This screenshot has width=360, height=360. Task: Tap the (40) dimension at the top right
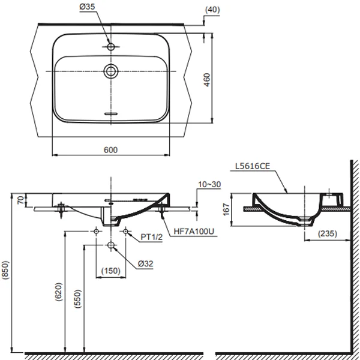[x=212, y=10]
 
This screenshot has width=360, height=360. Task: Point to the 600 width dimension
[x=110, y=150]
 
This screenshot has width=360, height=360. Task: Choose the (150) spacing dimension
[x=110, y=271]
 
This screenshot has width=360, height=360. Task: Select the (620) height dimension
[x=58, y=292]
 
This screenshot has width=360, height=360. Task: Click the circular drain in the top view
[x=111, y=71]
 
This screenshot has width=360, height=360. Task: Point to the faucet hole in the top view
[x=111, y=46]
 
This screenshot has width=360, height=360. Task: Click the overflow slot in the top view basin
[x=111, y=113]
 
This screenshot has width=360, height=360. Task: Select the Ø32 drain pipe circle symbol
[x=111, y=245]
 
